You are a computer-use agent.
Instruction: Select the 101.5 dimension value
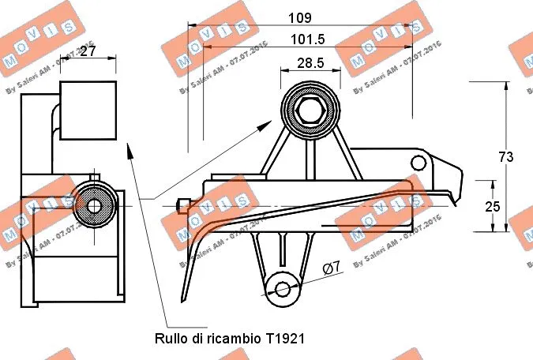(x=307, y=39)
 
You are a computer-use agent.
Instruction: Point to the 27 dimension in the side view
(x=88, y=51)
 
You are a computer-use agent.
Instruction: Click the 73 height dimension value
(x=506, y=157)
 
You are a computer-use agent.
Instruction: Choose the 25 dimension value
(x=493, y=206)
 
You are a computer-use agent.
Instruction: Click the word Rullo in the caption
(x=170, y=338)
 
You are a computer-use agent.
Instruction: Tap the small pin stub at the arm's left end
(x=183, y=205)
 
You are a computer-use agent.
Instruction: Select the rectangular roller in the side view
(x=88, y=110)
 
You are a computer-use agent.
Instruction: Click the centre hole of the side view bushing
(x=94, y=206)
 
